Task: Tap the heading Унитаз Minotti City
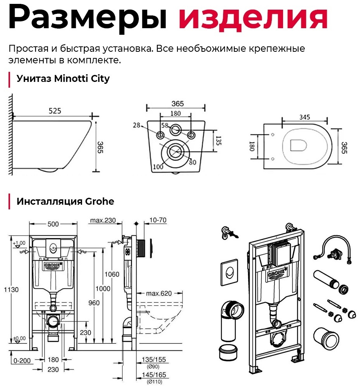tap(63, 79)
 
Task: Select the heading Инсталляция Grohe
tap(65, 201)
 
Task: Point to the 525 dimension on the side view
tap(55, 110)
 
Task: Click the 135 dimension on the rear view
tap(219, 141)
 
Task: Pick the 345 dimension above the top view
tap(304, 117)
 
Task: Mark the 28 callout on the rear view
tap(136, 125)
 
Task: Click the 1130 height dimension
tap(11, 289)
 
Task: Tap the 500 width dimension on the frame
tap(53, 224)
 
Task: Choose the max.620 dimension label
tap(159, 294)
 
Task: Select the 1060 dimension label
tap(112, 274)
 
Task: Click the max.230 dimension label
tap(103, 220)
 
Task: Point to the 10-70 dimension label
tap(158, 220)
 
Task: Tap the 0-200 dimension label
tap(22, 360)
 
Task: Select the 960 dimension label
tap(94, 303)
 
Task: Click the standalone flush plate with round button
tap(229, 273)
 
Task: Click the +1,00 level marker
tap(19, 243)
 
